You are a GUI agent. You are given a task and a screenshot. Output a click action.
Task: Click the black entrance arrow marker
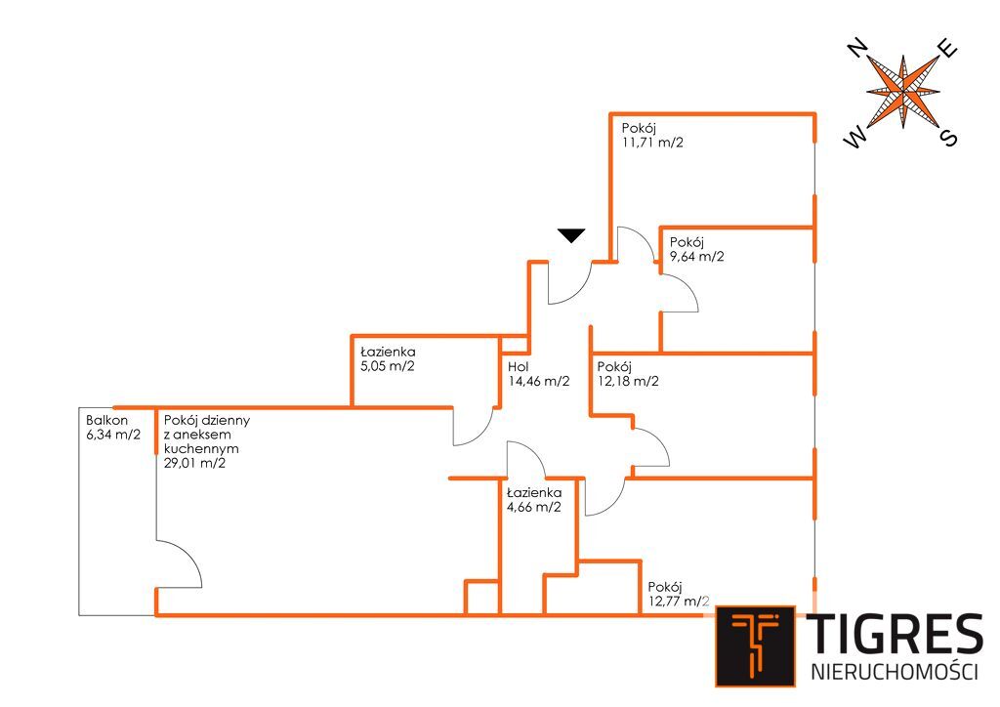[x=571, y=234]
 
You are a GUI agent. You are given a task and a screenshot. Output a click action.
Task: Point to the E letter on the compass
[x=947, y=49]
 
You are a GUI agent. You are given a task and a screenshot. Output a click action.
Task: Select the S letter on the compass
[x=947, y=137]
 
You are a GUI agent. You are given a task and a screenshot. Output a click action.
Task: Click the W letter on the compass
[x=856, y=140]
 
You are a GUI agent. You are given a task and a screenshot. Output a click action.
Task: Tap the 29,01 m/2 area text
[x=195, y=464]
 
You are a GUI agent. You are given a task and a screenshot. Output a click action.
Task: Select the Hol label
[x=518, y=367]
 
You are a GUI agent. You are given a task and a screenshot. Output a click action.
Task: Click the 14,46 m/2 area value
[x=538, y=382]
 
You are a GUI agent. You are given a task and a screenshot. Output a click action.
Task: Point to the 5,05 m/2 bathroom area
[x=388, y=367]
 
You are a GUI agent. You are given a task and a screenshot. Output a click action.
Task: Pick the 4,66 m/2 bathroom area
[x=533, y=507]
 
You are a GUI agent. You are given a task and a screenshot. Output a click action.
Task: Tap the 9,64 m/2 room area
[x=696, y=258]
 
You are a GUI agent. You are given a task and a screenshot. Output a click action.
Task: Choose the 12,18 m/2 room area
[x=627, y=382]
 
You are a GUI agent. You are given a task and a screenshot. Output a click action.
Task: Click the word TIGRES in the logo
[x=894, y=637]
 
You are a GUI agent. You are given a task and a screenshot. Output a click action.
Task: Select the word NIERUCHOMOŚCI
[x=894, y=672]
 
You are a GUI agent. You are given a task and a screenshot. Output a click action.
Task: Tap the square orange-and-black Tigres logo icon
[x=755, y=645]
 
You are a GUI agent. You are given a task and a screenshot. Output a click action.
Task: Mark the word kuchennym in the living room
[x=196, y=449]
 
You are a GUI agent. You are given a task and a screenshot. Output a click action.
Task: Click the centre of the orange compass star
[x=903, y=93]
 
